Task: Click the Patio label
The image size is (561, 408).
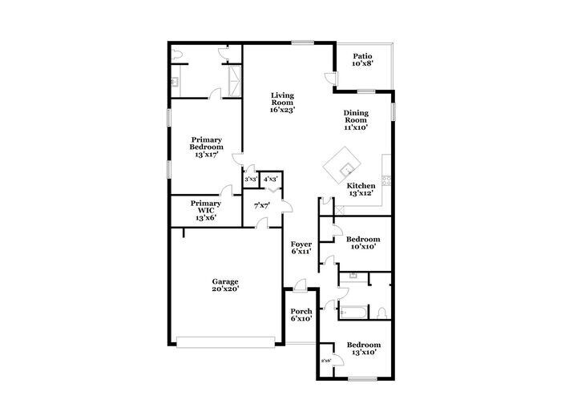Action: (363, 56)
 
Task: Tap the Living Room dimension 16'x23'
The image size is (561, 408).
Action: (281, 110)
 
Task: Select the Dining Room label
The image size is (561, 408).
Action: (355, 117)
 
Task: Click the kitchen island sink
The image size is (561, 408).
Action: (345, 168)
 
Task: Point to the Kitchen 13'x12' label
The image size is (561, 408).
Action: (361, 189)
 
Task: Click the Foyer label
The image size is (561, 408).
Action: (301, 244)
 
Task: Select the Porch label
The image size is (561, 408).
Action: (301, 312)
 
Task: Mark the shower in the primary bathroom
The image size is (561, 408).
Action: (233, 80)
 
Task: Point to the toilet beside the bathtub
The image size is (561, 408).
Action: (381, 311)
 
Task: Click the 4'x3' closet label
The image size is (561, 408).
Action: (271, 179)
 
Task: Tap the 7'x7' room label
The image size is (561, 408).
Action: (261, 206)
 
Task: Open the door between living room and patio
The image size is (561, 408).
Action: (330, 78)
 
